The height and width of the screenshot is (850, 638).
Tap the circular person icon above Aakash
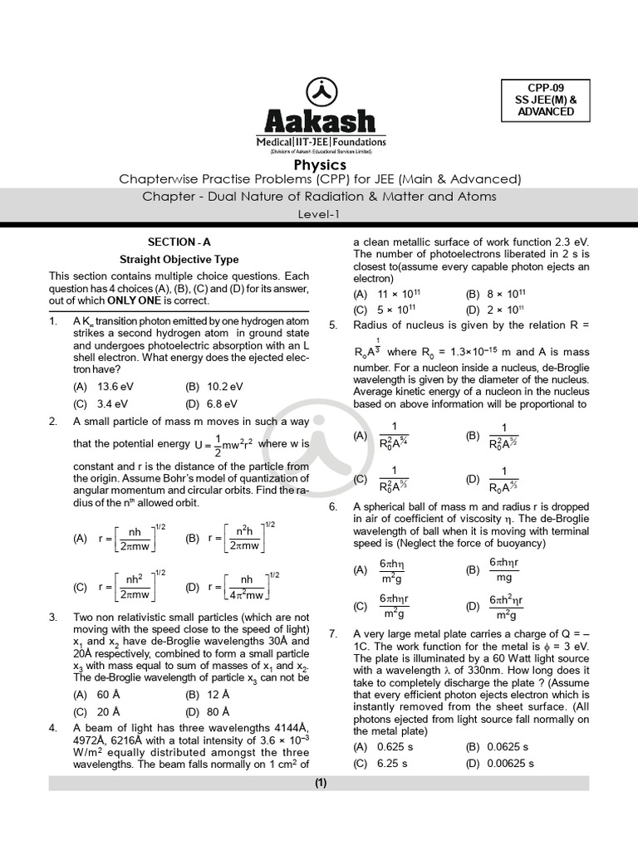(x=320, y=90)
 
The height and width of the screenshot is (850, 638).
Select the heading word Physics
(x=320, y=165)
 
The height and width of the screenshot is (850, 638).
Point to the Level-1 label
(x=320, y=214)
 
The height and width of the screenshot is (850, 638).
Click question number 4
(x=53, y=728)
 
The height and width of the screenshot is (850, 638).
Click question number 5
(x=333, y=325)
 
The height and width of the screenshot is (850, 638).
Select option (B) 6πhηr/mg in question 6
(x=498, y=570)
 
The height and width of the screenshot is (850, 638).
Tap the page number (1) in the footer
(x=320, y=783)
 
